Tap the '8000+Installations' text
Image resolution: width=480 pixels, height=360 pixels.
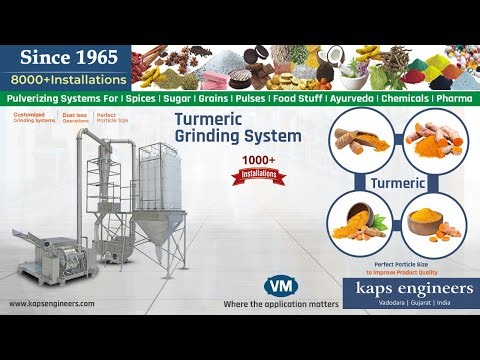69,79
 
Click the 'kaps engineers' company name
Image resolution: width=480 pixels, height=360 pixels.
410,286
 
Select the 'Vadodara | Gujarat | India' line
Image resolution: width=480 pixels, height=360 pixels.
410,303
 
